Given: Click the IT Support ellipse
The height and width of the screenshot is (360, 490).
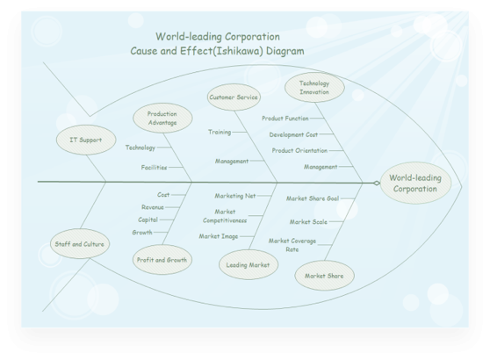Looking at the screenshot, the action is pyautogui.click(x=86, y=140).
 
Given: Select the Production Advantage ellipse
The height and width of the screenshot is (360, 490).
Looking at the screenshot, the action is pyautogui.click(x=162, y=119).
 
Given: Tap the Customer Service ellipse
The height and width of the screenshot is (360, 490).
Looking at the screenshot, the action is pyautogui.click(x=234, y=97).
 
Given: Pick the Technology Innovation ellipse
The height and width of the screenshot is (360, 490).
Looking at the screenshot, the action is pyautogui.click(x=314, y=88).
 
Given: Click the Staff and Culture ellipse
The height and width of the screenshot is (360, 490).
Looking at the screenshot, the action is pyautogui.click(x=80, y=244).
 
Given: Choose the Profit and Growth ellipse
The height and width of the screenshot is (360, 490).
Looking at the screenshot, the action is pyautogui.click(x=162, y=260).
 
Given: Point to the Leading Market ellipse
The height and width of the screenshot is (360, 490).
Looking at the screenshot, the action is pyautogui.click(x=249, y=264).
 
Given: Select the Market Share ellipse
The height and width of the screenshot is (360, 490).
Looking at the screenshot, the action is pyautogui.click(x=324, y=276).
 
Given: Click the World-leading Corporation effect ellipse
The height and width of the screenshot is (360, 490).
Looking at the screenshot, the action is pyautogui.click(x=415, y=184).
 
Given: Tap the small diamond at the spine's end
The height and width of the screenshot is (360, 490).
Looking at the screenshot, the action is pyautogui.click(x=377, y=184).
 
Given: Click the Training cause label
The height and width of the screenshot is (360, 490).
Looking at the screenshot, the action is pyautogui.click(x=220, y=132).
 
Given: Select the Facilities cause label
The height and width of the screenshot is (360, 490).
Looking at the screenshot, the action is pyautogui.click(x=154, y=168).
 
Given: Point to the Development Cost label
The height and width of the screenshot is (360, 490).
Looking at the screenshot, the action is pyautogui.click(x=293, y=134).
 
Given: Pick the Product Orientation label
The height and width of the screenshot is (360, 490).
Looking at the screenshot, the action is pyautogui.click(x=299, y=151).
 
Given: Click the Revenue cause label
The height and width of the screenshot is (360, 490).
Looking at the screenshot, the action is pyautogui.click(x=153, y=207).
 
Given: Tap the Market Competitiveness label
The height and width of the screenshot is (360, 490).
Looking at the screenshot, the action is pyautogui.click(x=225, y=216).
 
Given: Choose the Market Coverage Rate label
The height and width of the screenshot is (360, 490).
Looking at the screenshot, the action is pyautogui.click(x=292, y=245).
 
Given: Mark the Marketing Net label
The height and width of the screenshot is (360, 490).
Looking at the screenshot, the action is pyautogui.click(x=235, y=196).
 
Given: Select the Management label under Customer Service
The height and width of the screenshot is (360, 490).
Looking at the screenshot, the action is pyautogui.click(x=232, y=162).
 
